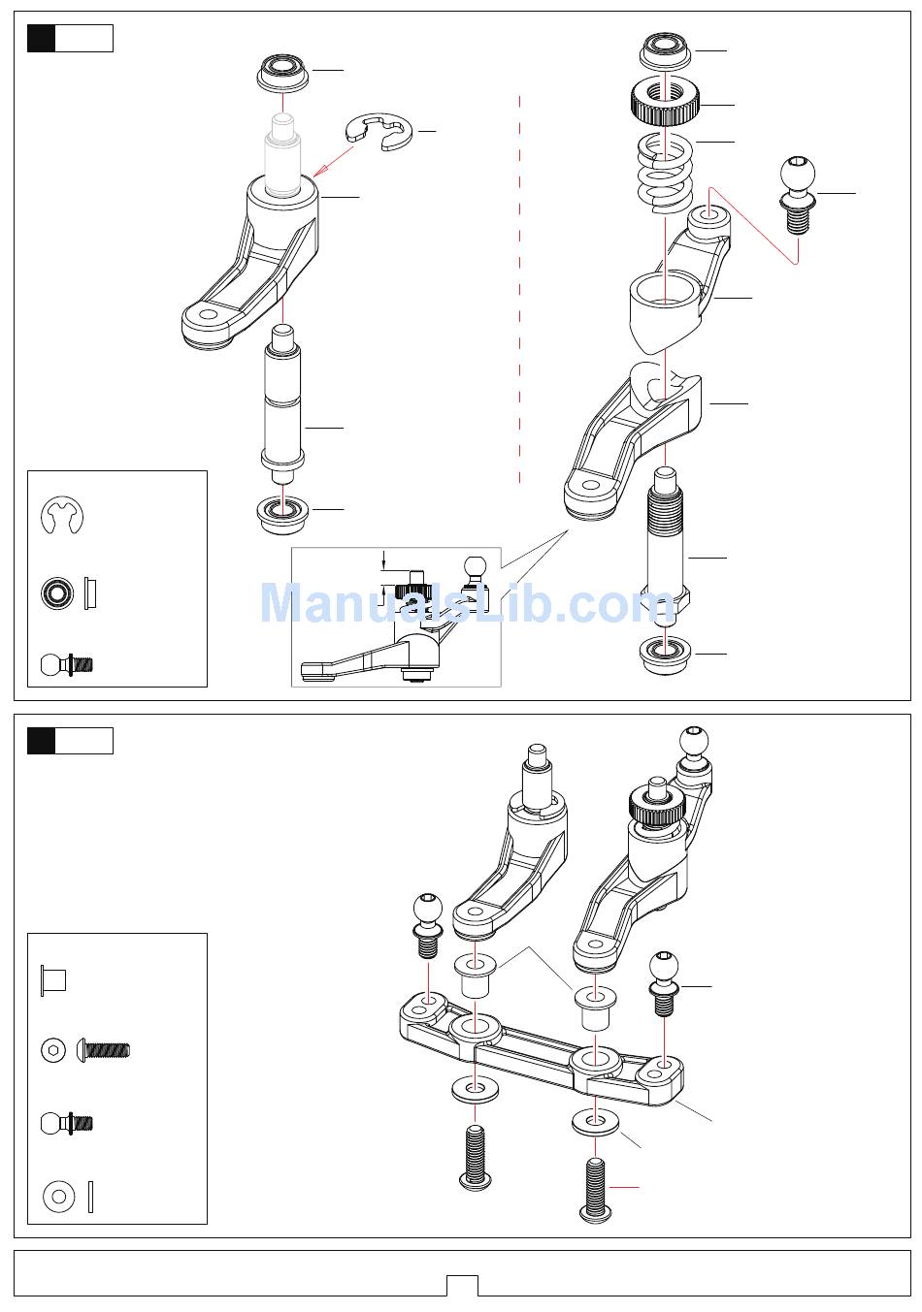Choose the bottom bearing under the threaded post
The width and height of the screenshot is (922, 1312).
tap(666, 652)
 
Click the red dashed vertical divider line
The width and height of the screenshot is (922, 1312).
tap(520, 291)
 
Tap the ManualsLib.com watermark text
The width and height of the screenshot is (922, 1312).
tap(467, 603)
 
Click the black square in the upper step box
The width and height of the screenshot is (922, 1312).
tap(42, 39)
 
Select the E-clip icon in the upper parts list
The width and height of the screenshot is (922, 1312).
tap(63, 516)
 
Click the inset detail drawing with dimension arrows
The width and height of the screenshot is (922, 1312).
tap(396, 618)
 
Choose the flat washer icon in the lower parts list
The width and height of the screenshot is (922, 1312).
tap(59, 1197)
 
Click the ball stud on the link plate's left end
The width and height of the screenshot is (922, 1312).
tap(428, 922)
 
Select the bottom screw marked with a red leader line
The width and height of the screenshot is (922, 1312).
tap(595, 1190)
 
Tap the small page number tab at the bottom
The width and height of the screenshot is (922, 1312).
tap(462, 1286)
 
